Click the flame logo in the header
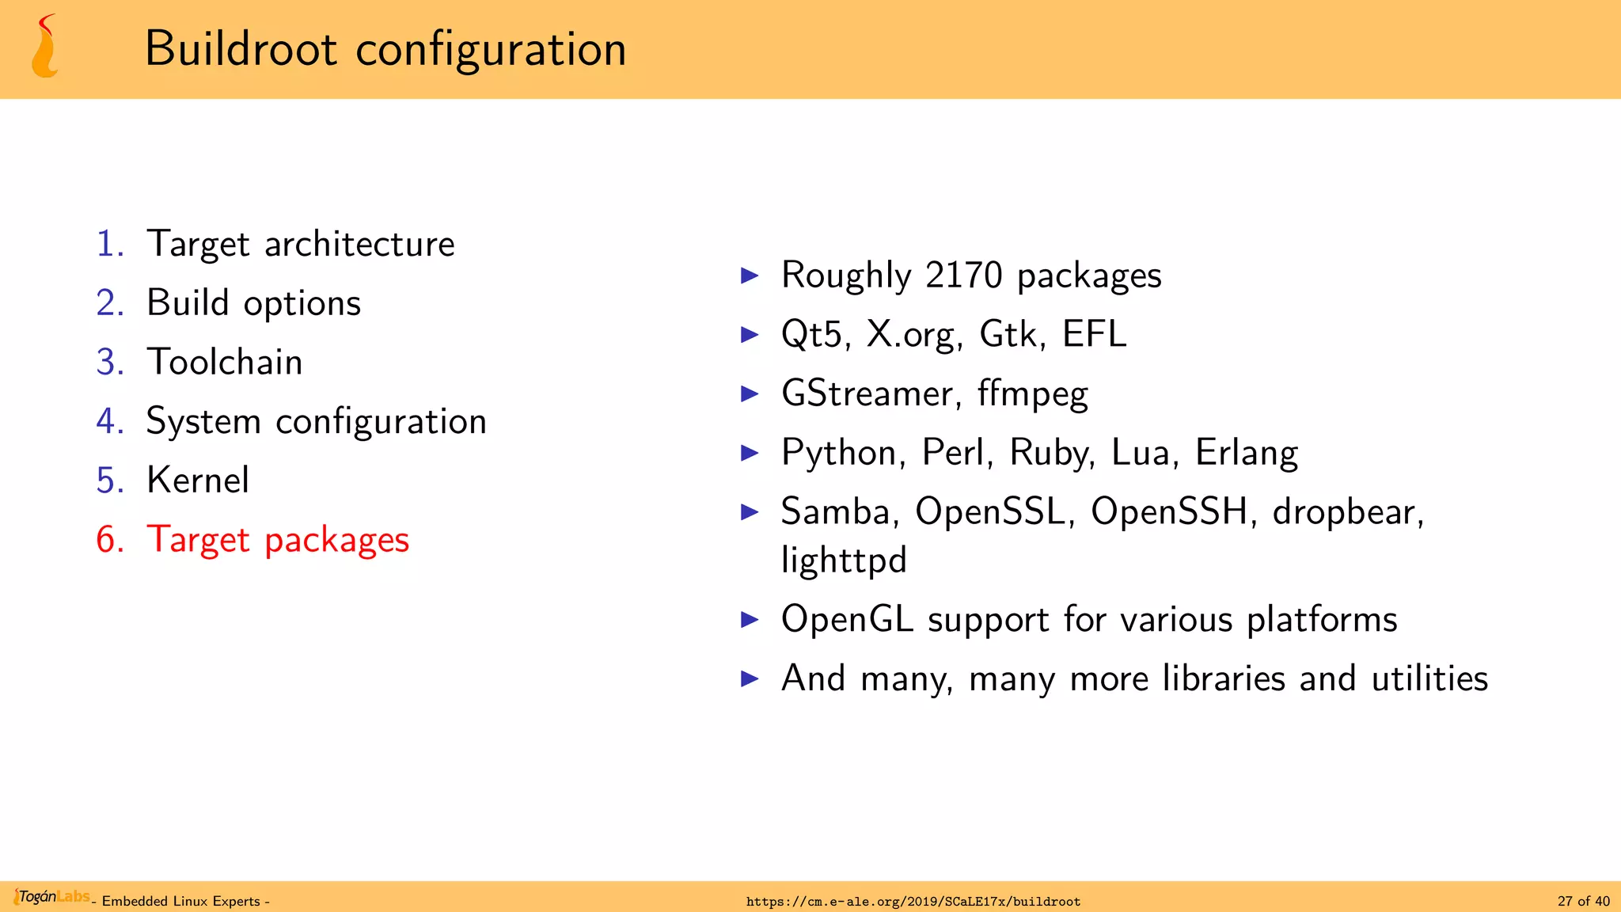point(45,47)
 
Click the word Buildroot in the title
point(241,49)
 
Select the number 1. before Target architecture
point(110,244)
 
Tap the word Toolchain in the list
point(225,363)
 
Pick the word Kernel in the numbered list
point(198,481)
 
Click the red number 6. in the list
point(110,540)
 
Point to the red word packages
point(336,541)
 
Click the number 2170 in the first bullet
point(963,275)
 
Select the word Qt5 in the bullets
point(811,334)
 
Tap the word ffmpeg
point(1032,394)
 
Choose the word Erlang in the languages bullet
point(1246,454)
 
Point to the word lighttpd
point(844,560)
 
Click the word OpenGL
point(847,619)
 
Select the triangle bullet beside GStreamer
point(749,393)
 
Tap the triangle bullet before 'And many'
point(749,678)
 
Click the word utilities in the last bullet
point(1429,678)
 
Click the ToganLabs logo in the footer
point(52,897)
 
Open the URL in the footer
point(913,902)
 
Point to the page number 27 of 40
point(1583,902)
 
